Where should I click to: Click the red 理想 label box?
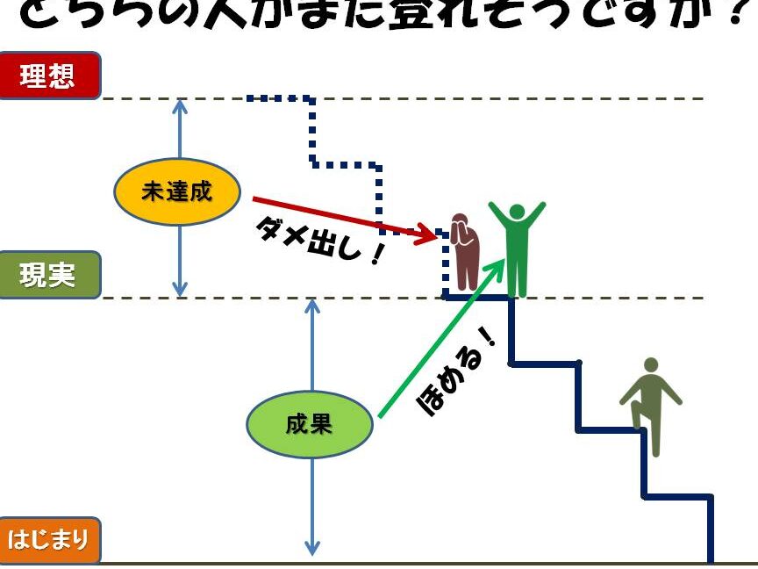click(x=49, y=76)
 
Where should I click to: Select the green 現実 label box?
click(x=49, y=275)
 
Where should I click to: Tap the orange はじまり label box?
click(x=49, y=539)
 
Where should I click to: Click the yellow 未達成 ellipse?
click(x=177, y=191)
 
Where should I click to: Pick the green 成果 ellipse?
click(x=310, y=424)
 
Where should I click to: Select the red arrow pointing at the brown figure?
click(x=342, y=216)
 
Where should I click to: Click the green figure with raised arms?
click(x=517, y=249)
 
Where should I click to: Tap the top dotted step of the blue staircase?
click(x=281, y=98)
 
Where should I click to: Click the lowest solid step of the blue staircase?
click(x=678, y=497)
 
